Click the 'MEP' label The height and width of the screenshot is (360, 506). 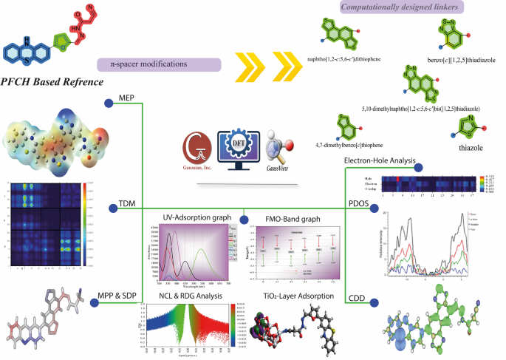[x=126, y=98]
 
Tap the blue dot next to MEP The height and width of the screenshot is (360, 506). [x=108, y=104]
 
